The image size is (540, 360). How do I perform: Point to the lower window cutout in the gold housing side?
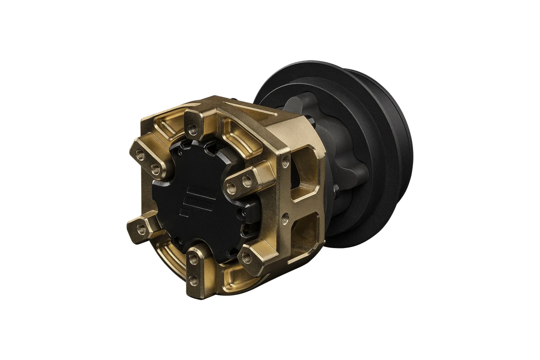click(x=306, y=231)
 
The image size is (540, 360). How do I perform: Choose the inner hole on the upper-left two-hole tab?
click(x=154, y=166)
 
